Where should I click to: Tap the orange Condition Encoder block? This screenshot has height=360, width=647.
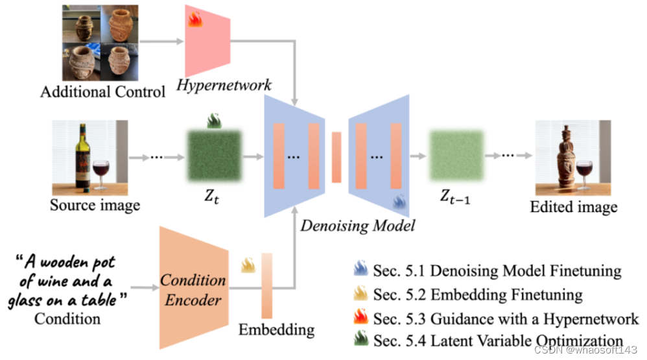[193, 289]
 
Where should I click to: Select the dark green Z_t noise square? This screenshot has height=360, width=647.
[213, 156]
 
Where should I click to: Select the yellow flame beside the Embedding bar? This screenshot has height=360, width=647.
[248, 265]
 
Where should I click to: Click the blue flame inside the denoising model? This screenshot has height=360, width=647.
[399, 202]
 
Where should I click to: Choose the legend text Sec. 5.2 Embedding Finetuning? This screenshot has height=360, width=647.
[477, 295]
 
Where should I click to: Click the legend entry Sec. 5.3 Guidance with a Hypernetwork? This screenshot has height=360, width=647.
[506, 318]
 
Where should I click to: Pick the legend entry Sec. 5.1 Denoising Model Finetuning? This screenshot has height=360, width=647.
[497, 270]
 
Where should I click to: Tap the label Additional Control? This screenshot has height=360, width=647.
[102, 91]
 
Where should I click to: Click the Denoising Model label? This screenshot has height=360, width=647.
[358, 226]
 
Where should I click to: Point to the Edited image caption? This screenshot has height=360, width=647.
[573, 208]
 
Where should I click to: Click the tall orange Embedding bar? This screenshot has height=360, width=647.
[266, 285]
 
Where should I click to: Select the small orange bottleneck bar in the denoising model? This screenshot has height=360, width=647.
[336, 157]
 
